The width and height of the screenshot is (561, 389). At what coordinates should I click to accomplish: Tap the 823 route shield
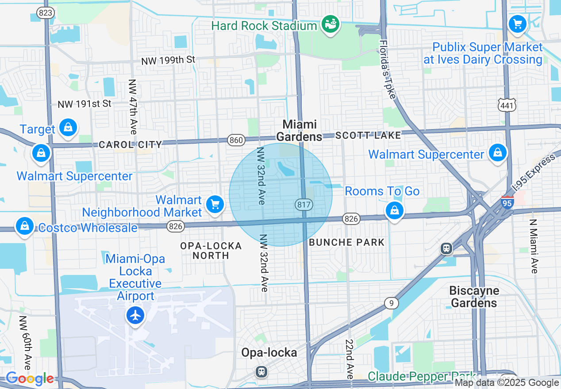coord(46,13)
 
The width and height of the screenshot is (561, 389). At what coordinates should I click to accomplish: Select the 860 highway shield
coord(236,141)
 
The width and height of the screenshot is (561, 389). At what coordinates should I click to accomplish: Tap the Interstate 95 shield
coord(507,202)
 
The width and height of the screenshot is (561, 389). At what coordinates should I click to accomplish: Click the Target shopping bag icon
coord(68,128)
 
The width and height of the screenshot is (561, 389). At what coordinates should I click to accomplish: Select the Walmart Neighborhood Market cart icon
coord(215,205)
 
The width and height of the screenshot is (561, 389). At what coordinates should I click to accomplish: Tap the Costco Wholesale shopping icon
coord(25,226)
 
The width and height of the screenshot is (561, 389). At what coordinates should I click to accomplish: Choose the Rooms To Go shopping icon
coord(393,210)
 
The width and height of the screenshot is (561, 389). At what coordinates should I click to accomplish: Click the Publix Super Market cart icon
coord(517,23)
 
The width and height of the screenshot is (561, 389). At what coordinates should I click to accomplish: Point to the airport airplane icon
coord(135,316)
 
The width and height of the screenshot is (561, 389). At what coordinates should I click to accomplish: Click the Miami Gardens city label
coord(300,130)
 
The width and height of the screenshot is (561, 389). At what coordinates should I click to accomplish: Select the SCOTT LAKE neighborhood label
coord(368,135)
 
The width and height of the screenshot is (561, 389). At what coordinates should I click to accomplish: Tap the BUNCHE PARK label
coord(347,242)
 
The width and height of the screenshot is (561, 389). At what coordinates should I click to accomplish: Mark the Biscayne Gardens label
coord(474,297)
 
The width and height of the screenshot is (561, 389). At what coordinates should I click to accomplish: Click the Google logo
coord(30,379)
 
